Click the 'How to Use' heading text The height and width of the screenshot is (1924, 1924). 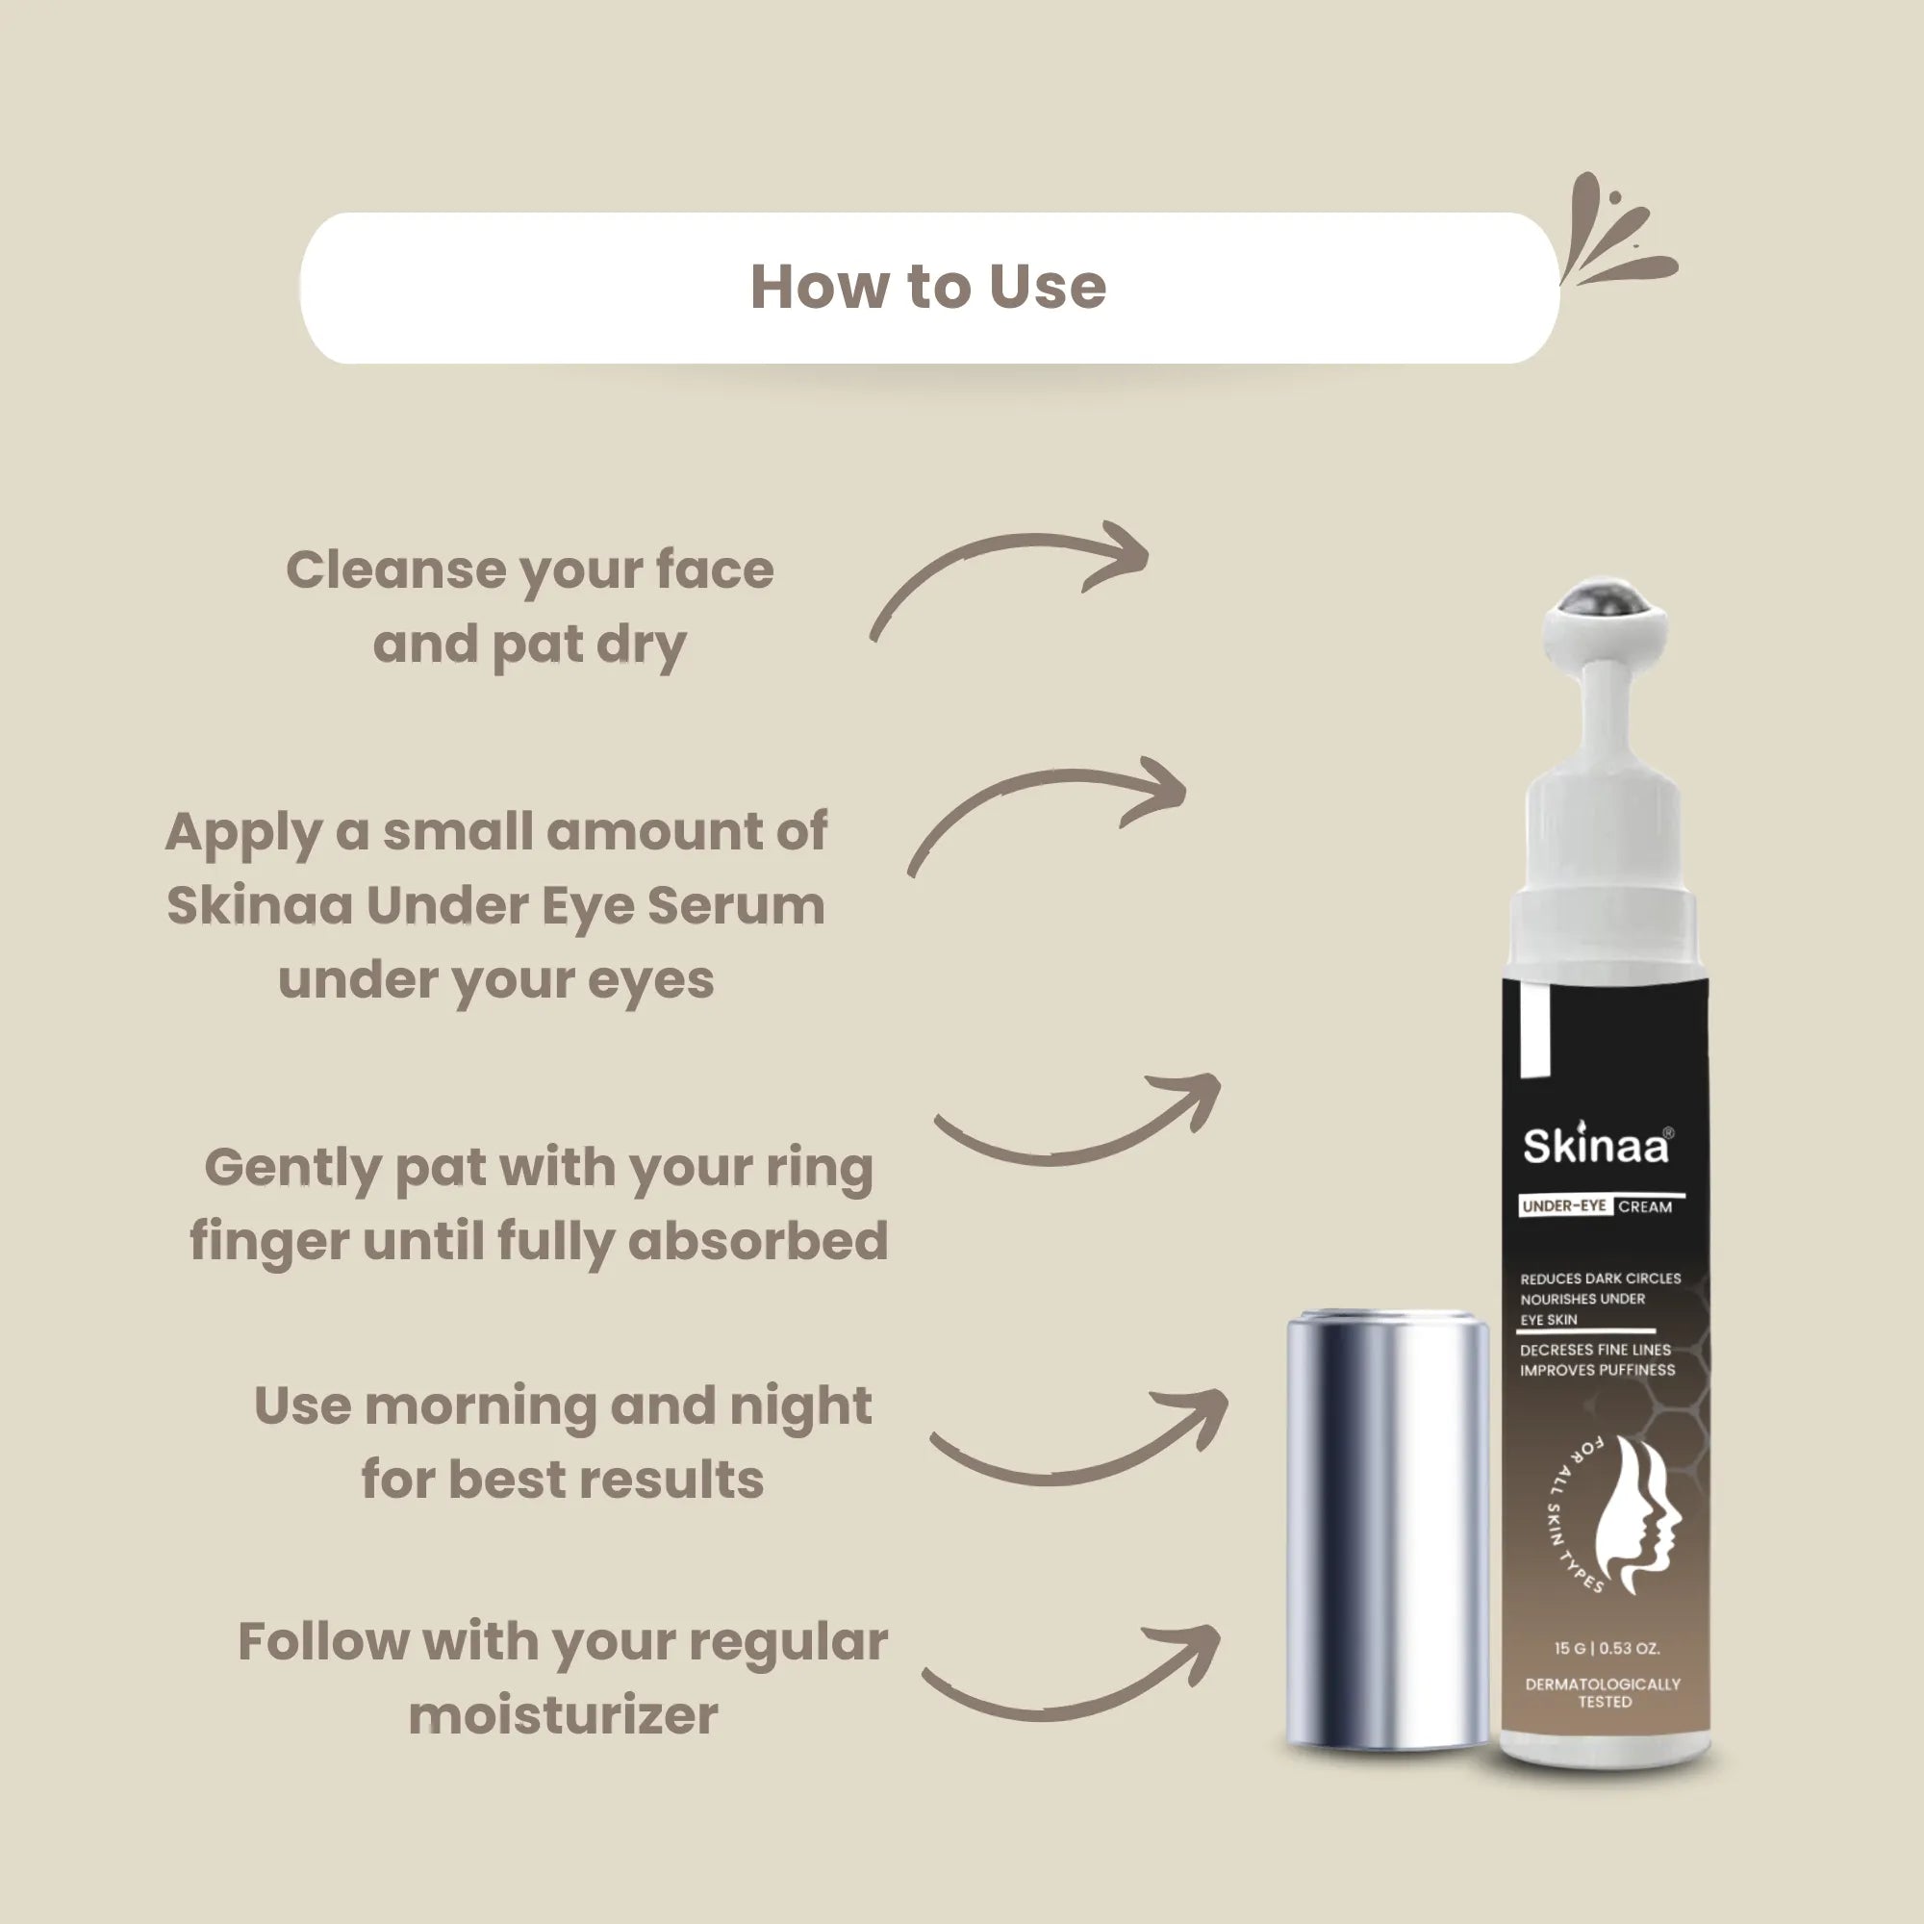click(927, 287)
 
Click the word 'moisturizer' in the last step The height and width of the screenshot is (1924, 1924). click(563, 1715)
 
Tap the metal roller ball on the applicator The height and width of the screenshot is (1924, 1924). click(1604, 602)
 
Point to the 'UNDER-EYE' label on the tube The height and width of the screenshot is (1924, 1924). click(1563, 1206)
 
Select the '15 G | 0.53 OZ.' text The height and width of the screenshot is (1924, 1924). click(1607, 1648)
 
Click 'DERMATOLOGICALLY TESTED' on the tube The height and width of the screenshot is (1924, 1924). click(1603, 1693)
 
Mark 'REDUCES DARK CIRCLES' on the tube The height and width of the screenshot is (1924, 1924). click(1600, 1278)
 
